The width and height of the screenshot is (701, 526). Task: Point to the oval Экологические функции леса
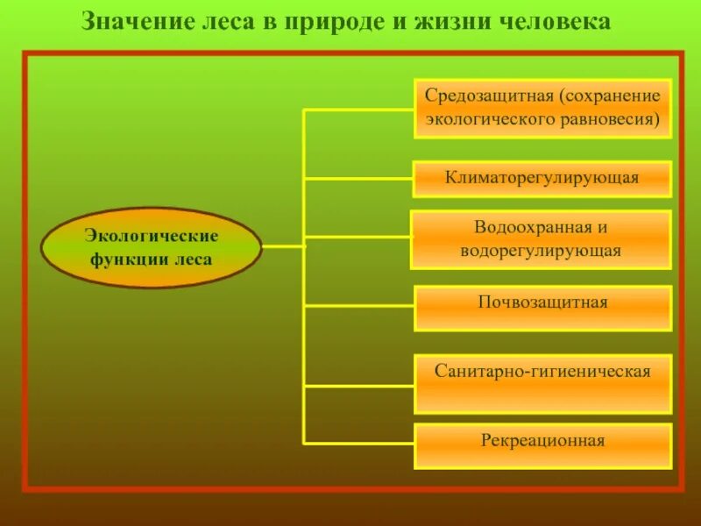tap(151, 247)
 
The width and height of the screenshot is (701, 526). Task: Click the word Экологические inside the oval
tap(151, 235)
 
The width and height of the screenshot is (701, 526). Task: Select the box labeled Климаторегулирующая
tap(542, 178)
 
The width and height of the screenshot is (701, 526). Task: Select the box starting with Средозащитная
tap(542, 107)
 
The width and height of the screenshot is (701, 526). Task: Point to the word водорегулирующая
tap(541, 251)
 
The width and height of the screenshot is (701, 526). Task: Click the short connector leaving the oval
tap(281, 246)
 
